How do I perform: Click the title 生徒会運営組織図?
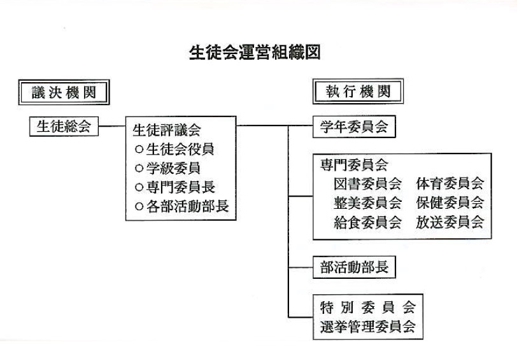(x=255, y=52)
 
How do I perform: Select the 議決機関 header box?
(x=64, y=92)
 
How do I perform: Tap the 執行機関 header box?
(x=358, y=92)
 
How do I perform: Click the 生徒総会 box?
(x=64, y=127)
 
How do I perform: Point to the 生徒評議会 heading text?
(x=166, y=131)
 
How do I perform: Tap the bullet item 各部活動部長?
(x=181, y=206)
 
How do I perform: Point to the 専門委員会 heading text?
(x=353, y=165)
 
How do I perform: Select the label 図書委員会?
(x=367, y=184)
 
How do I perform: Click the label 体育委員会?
(x=450, y=184)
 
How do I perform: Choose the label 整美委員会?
(x=367, y=203)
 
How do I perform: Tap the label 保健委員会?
(x=450, y=203)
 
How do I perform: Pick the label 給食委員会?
(x=367, y=222)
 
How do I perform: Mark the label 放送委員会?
(x=450, y=222)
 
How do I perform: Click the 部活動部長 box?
(x=353, y=267)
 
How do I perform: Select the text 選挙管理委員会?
(x=367, y=327)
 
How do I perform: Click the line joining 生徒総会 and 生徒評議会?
(x=112, y=126)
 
